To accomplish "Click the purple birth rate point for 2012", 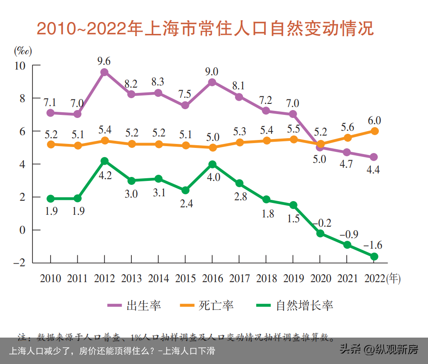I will [x=105, y=72].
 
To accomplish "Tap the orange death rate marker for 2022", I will [x=374, y=131].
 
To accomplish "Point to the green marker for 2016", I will [x=212, y=164].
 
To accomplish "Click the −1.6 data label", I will [x=373, y=245].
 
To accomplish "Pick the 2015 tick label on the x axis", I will [x=185, y=279].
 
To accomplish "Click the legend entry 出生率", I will [x=134, y=305].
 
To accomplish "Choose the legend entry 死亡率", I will [x=207, y=305].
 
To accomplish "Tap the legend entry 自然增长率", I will [x=295, y=305].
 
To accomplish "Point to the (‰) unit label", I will [x=23, y=51].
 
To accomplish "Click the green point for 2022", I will [x=374, y=257].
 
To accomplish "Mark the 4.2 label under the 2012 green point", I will [x=105, y=175].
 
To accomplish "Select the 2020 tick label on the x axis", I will [x=321, y=279].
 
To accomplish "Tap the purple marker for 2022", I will [x=374, y=157].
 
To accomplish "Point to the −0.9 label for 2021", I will [x=347, y=233].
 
